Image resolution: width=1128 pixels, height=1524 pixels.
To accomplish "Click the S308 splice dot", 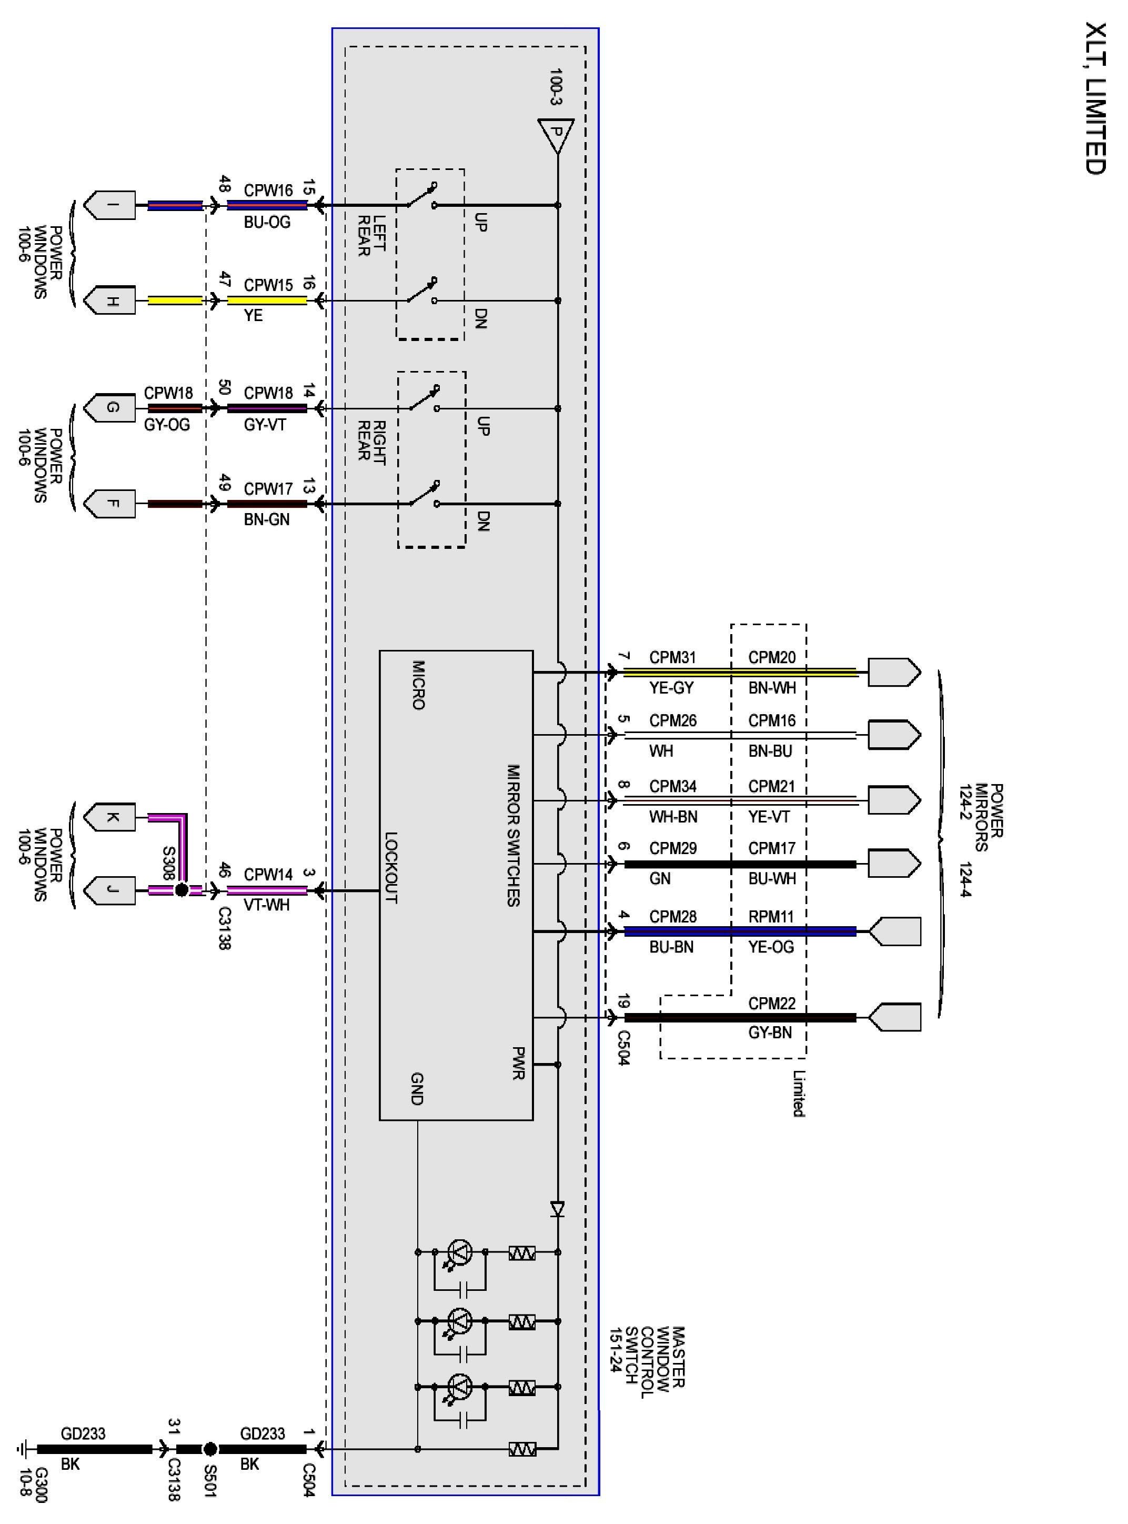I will (x=182, y=890).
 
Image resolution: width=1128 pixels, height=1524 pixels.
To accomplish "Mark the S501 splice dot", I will (x=210, y=1449).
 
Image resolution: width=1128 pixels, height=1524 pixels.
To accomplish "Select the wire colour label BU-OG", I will (x=267, y=223).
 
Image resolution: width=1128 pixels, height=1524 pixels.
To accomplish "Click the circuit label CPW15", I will (x=268, y=285).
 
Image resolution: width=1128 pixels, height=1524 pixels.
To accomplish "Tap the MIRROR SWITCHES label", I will (x=513, y=835).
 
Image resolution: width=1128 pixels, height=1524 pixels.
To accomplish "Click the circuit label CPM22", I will (x=772, y=1003).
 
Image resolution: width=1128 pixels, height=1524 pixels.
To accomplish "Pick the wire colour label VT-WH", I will (x=267, y=905).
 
